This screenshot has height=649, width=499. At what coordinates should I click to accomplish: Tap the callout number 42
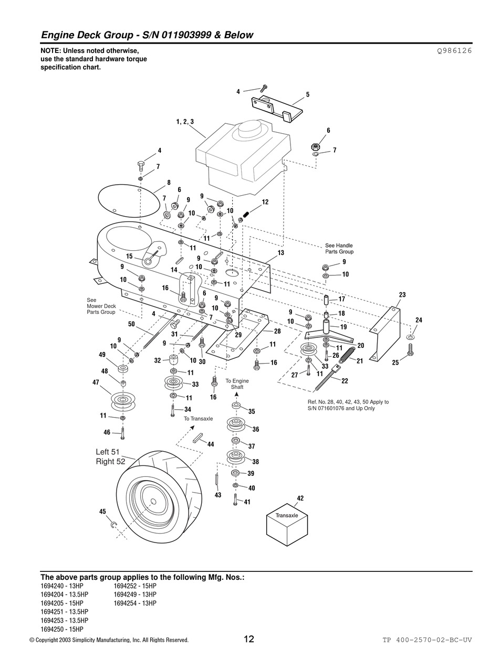[300, 498]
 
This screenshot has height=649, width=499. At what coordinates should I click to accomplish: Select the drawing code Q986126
[454, 51]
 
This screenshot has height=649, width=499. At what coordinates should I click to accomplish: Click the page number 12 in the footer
[249, 639]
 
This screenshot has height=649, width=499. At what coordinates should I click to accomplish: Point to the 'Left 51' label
[108, 452]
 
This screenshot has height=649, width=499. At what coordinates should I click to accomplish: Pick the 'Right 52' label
[110, 462]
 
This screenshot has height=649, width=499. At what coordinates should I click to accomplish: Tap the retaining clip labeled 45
[114, 525]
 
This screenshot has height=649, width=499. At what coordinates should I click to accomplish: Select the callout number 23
[402, 295]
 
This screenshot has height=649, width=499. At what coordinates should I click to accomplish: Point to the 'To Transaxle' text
[198, 419]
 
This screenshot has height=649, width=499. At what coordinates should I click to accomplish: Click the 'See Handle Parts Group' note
[339, 249]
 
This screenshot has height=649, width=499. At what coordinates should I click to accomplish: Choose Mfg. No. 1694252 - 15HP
[135, 586]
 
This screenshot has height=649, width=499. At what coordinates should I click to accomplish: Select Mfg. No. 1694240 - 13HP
[62, 586]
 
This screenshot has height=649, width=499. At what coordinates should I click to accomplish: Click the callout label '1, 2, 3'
[185, 122]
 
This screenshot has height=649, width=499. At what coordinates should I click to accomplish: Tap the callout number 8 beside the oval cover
[169, 182]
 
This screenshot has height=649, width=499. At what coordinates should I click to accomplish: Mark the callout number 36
[256, 429]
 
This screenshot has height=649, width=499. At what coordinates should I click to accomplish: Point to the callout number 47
[96, 382]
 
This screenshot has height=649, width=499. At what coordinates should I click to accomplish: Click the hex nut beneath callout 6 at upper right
[314, 147]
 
